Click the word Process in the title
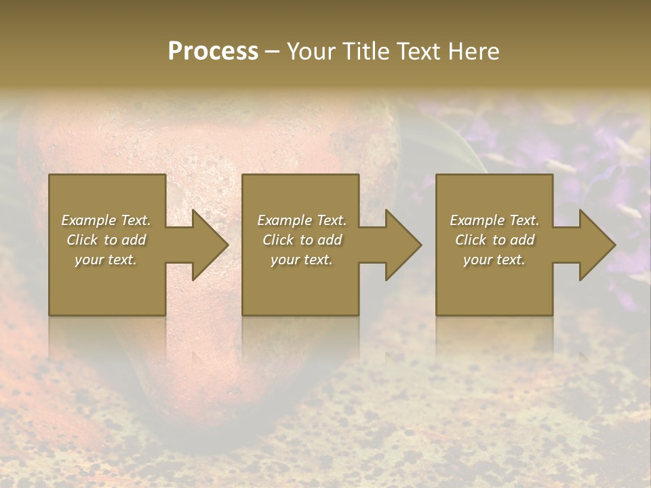point(213,52)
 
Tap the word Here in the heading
point(473,52)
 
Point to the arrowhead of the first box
point(208,245)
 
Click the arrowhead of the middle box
point(401,245)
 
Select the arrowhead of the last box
point(595,245)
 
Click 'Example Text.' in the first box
point(106,220)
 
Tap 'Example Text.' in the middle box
point(302,220)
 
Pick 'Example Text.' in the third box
point(494,220)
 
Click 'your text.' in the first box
point(106,260)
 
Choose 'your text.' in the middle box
point(302,260)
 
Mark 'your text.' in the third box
point(494,260)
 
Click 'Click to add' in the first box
point(106,240)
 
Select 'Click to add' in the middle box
point(302,240)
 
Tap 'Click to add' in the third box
point(494,240)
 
